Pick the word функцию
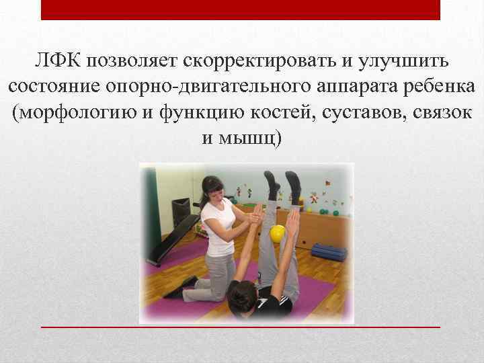click(x=198, y=113)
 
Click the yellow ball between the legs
click(x=277, y=234)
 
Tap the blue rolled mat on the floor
click(x=329, y=252)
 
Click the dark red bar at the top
click(x=240, y=9)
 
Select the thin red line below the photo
click(x=240, y=326)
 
